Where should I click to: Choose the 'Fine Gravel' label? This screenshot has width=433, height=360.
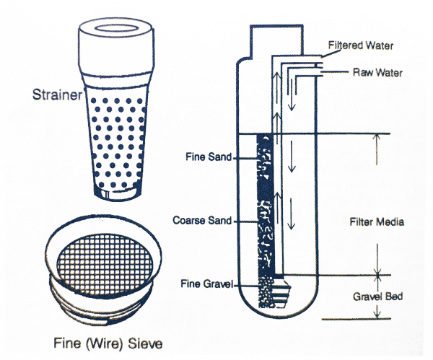[x=202, y=285]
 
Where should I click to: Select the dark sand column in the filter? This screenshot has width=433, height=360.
[x=268, y=202]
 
